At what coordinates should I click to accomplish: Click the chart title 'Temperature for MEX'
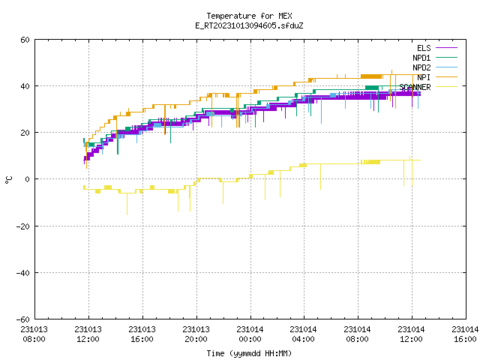click(249, 16)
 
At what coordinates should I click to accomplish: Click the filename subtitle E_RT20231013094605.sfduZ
click(249, 25)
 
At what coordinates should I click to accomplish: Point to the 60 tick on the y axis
click(25, 40)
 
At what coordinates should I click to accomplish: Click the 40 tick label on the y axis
click(25, 86)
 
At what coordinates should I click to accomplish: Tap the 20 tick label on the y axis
click(25, 133)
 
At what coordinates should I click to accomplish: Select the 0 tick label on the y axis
click(28, 179)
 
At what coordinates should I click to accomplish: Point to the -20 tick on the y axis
click(23, 226)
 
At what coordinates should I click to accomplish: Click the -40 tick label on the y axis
click(23, 273)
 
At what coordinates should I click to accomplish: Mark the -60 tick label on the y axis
click(23, 319)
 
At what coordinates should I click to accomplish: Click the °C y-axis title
click(9, 180)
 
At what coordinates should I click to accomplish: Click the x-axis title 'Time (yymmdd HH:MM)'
click(249, 353)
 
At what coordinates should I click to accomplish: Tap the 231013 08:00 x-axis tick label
click(34, 334)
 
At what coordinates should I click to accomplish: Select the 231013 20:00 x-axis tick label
click(196, 334)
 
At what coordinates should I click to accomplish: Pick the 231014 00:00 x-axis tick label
click(250, 334)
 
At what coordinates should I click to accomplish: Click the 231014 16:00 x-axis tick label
click(465, 334)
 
